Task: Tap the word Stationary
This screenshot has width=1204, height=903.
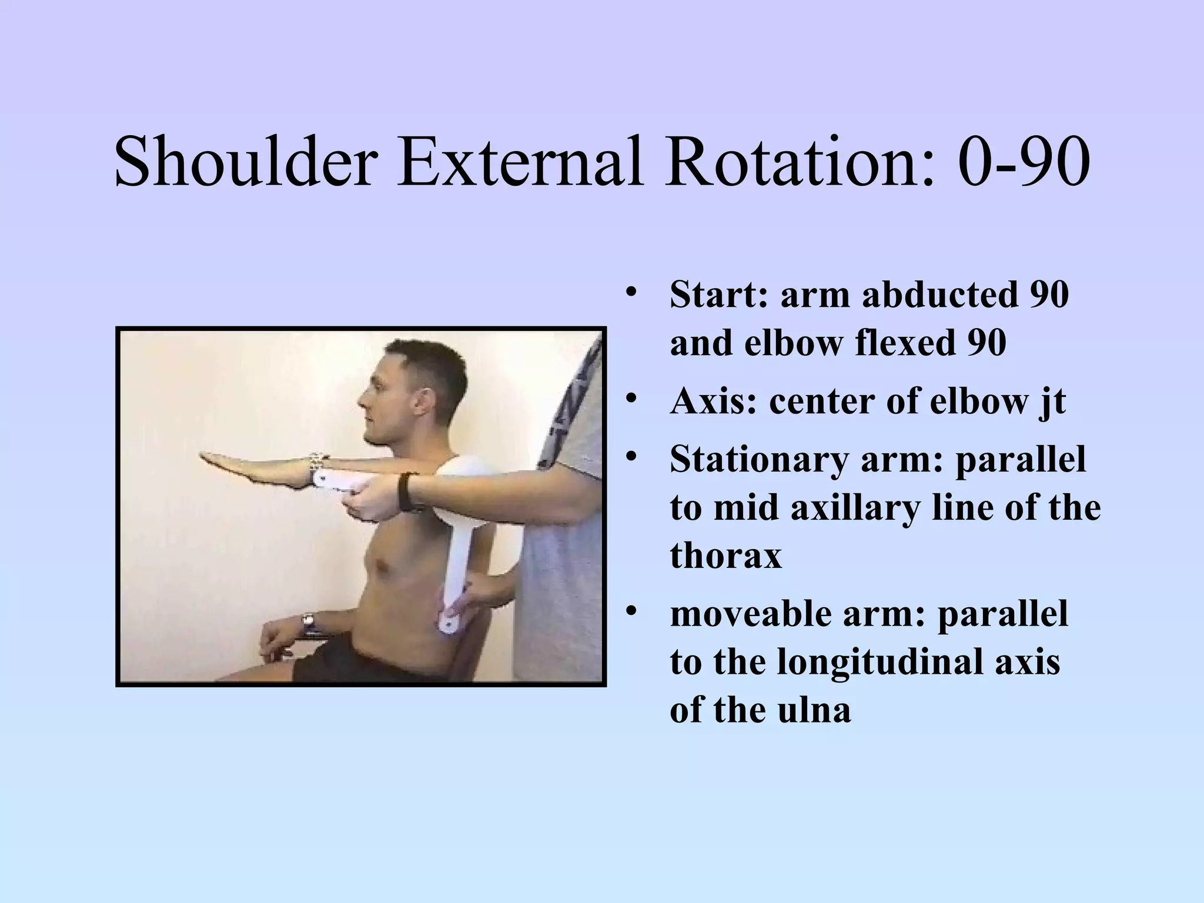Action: point(758,459)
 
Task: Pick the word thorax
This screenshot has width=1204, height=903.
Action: point(725,556)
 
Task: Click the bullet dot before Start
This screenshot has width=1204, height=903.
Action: point(631,292)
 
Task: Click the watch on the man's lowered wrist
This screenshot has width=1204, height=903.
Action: point(309,623)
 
